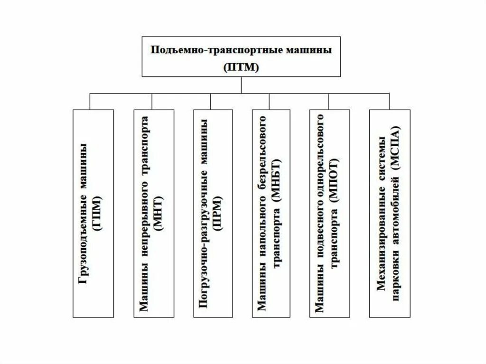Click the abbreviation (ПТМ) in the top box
(x=242, y=67)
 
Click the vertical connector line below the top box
(x=242, y=84)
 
